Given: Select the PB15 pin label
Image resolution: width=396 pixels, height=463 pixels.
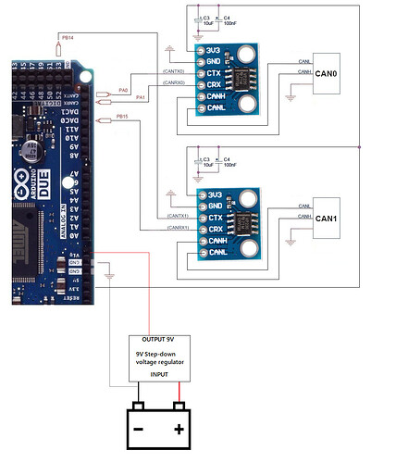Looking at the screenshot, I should pyautogui.click(x=122, y=117).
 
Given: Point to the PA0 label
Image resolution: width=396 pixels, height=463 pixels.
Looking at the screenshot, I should pyautogui.click(x=123, y=89).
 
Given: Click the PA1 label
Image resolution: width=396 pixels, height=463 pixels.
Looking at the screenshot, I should pyautogui.click(x=140, y=97).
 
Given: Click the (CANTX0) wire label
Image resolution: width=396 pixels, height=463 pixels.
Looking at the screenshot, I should pyautogui.click(x=172, y=71).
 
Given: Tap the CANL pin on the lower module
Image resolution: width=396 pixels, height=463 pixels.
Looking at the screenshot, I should pyautogui.click(x=218, y=252).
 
